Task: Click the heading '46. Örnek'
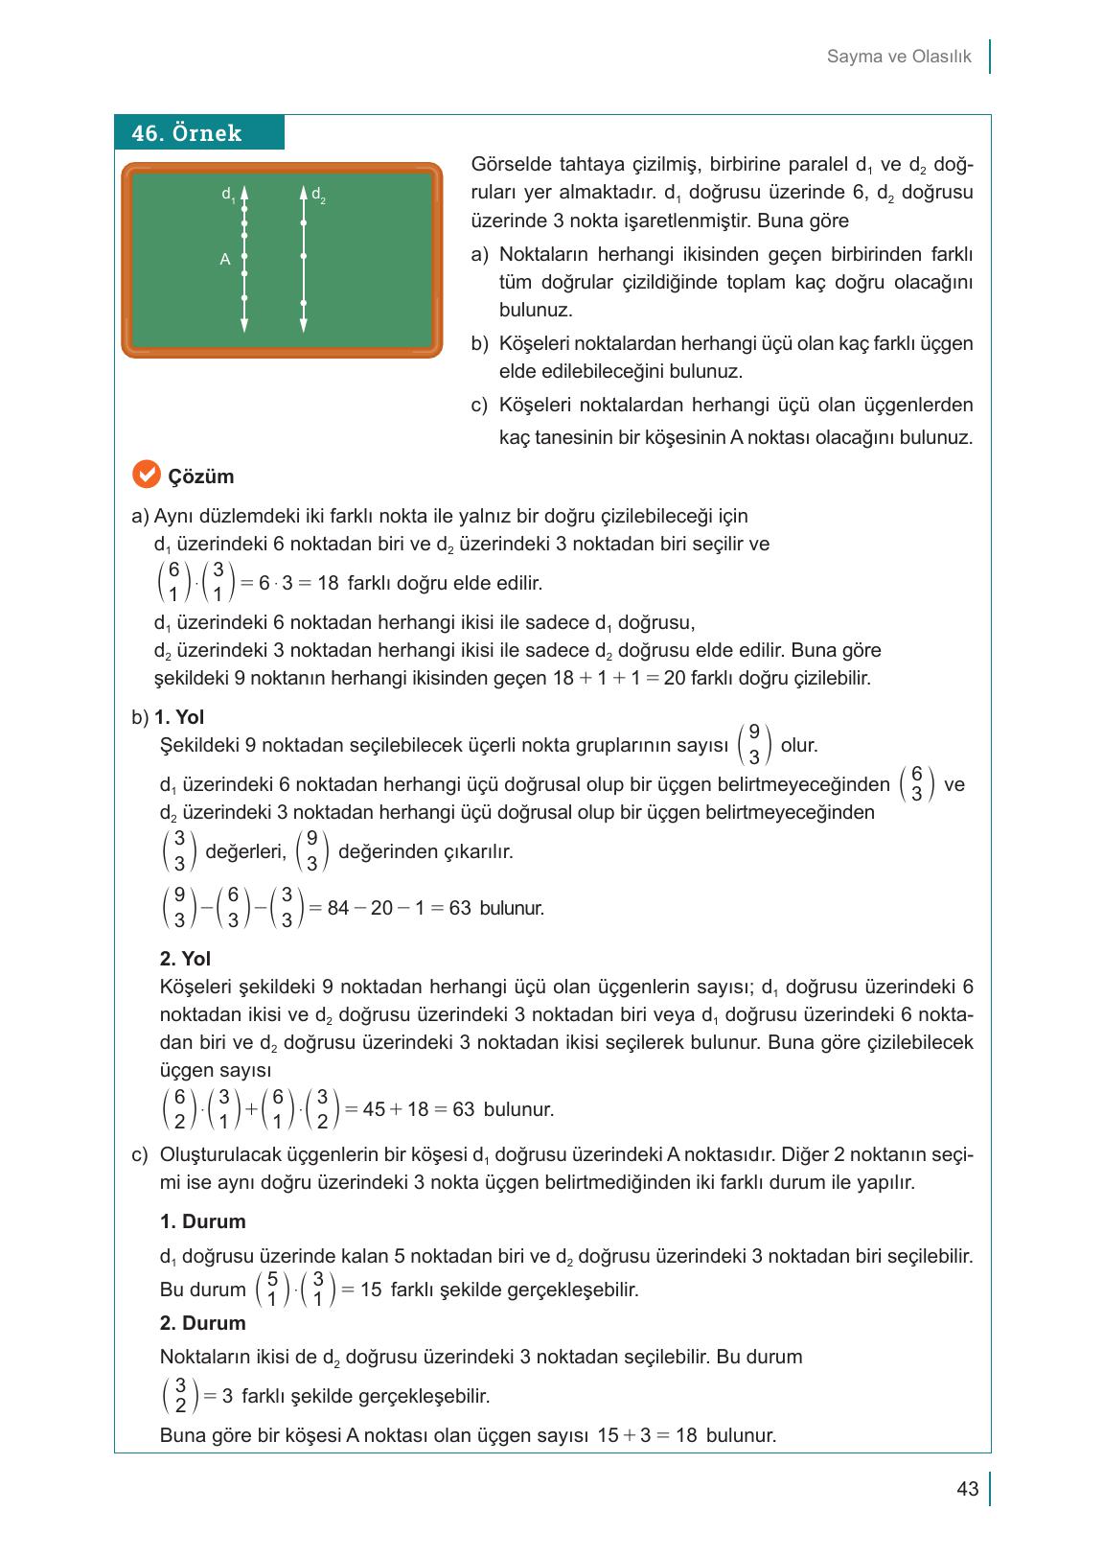pos(187,133)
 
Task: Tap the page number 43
pos(967,1489)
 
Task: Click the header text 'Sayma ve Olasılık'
pos(898,57)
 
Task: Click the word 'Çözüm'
pos(201,476)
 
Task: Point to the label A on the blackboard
pos(224,259)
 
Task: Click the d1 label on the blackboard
pos(227,195)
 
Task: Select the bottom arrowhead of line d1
pos(244,326)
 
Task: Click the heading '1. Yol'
pos(179,717)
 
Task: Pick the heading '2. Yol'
pos(185,959)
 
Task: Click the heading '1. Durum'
pos(202,1221)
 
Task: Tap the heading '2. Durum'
pos(202,1323)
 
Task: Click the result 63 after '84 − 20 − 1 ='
pos(460,908)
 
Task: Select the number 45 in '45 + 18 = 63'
pos(375,1109)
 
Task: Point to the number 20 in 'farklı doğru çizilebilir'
pos(674,679)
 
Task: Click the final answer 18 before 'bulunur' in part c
pos(685,1435)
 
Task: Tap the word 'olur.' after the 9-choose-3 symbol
pos(799,745)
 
